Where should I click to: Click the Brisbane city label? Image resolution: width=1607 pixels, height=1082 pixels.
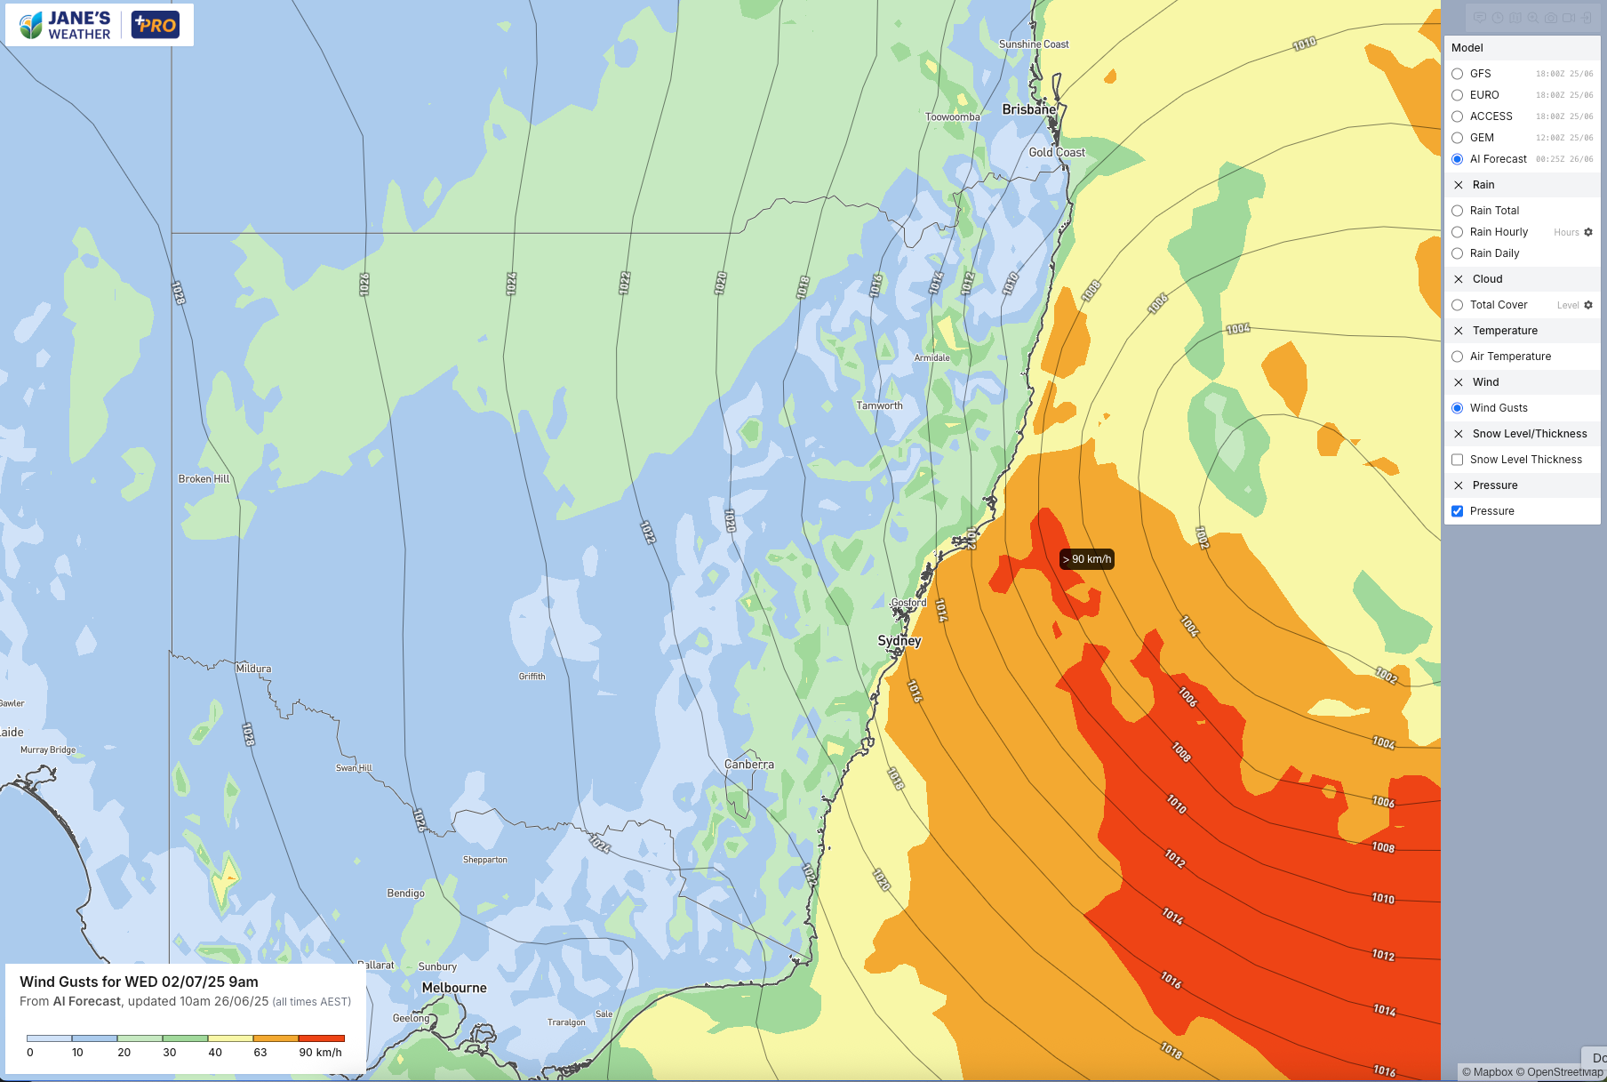tap(1028, 109)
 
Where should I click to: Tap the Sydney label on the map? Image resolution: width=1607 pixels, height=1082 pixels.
tap(899, 640)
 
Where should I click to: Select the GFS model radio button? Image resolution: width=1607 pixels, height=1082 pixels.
tap(1457, 74)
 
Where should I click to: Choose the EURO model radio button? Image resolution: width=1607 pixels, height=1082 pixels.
tap(1457, 95)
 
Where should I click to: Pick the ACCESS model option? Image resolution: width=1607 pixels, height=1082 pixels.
tap(1457, 116)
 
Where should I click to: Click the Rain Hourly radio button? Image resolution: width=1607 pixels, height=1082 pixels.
tap(1457, 232)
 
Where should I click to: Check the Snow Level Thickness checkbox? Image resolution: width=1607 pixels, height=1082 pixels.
tap(1457, 460)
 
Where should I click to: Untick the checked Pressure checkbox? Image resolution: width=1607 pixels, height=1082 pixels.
tap(1457, 511)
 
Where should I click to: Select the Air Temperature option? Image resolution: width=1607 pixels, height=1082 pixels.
tap(1457, 357)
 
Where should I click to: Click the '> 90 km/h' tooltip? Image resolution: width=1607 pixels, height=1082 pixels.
tap(1086, 559)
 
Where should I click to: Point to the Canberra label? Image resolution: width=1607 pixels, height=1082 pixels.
tap(748, 765)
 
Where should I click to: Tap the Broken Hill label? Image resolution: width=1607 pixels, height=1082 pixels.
tap(204, 478)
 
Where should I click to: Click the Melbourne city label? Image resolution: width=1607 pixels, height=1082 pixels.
tap(454, 988)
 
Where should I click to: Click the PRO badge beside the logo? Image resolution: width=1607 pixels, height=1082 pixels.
tap(156, 25)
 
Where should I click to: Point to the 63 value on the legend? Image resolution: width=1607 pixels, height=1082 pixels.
tap(260, 1053)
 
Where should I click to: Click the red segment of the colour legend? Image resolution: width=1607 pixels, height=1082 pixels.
tap(321, 1038)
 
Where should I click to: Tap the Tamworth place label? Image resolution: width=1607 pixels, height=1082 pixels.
tap(879, 405)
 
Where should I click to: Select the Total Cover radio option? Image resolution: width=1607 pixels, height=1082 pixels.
tap(1457, 305)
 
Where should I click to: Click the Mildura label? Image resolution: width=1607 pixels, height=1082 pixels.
tap(253, 669)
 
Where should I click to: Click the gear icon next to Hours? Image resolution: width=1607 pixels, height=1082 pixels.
tap(1588, 232)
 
